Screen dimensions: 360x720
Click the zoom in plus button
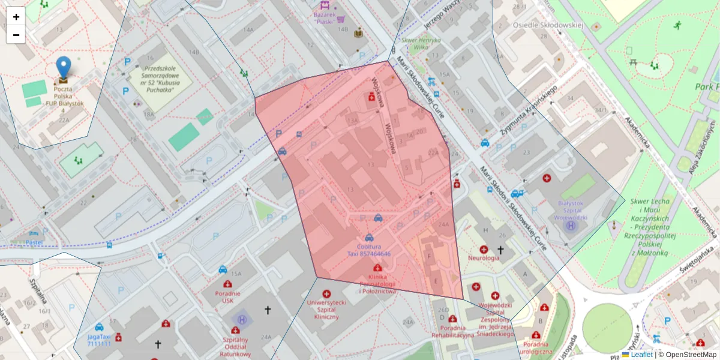tap(16, 17)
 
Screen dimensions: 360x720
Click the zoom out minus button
tap(16, 35)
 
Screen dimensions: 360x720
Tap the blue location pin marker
tap(63, 67)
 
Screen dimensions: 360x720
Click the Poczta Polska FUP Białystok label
tap(64, 100)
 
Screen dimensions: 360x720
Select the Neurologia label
tap(485, 258)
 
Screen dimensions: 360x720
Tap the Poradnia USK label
tap(227, 297)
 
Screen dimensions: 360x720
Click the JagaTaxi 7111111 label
tap(99, 340)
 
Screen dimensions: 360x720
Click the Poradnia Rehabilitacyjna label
tap(453, 332)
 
